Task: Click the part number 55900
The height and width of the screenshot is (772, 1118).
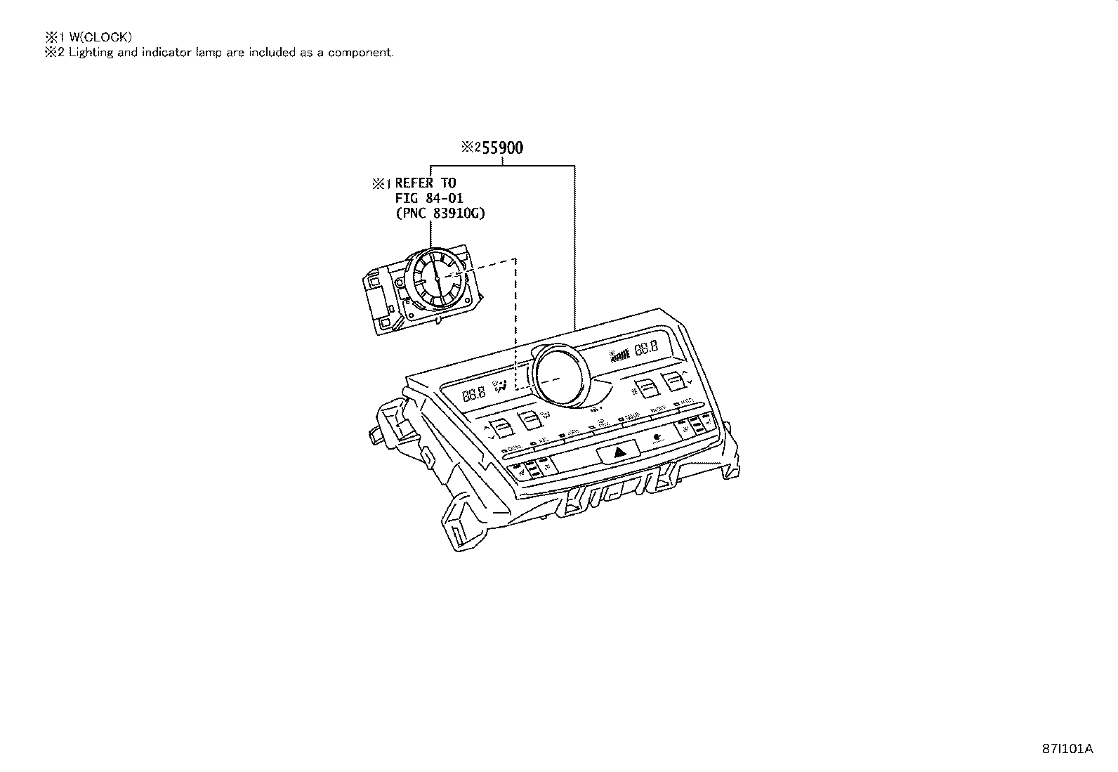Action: [x=501, y=148]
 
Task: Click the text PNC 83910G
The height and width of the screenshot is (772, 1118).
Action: [x=440, y=214]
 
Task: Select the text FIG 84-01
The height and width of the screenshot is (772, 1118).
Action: [x=429, y=199]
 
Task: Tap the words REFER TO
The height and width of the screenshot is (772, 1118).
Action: [x=425, y=183]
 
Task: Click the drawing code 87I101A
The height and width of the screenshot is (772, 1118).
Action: [x=1067, y=749]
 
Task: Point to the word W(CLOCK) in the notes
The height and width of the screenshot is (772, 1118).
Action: [x=100, y=37]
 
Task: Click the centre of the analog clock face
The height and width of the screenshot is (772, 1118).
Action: [x=438, y=279]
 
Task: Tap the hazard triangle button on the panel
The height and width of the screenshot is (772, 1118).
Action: [x=620, y=451]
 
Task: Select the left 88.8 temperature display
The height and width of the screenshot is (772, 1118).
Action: [x=474, y=395]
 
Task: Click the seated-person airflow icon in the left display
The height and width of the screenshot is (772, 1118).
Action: [x=501, y=386]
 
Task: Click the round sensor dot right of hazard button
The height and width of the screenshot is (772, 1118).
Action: [x=658, y=437]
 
